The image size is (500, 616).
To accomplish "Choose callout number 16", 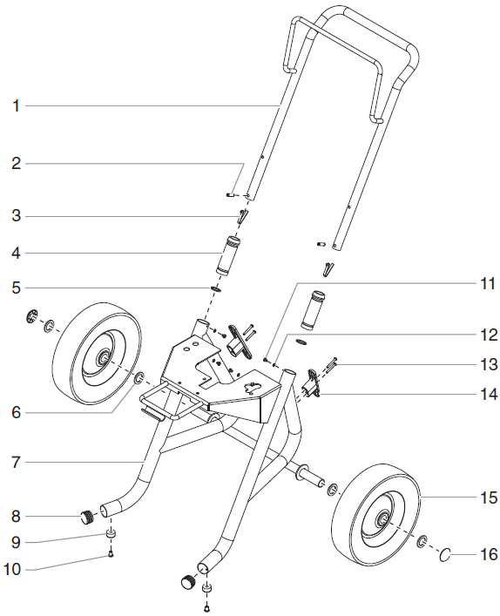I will [x=484, y=553].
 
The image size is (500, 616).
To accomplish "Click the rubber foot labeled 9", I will [x=111, y=533].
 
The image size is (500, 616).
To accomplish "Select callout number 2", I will [x=15, y=163].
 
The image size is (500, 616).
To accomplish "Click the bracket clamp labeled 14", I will [x=310, y=380].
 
